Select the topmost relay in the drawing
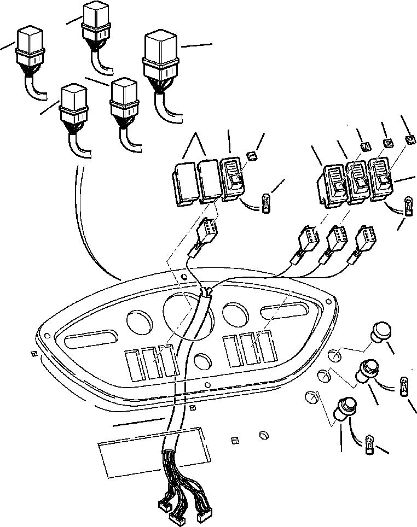(96, 22)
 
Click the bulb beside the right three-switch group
(408, 206)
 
